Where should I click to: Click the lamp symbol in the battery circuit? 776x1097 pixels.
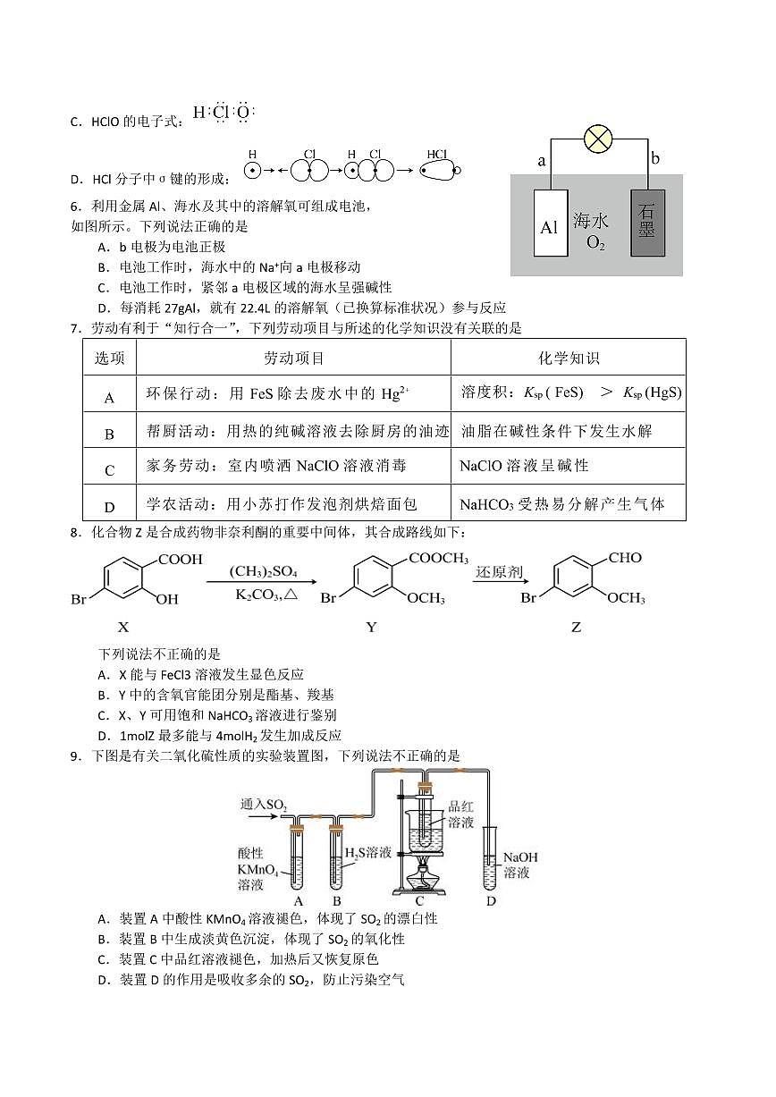[x=596, y=139]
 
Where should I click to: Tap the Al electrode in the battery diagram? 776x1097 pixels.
[x=549, y=224]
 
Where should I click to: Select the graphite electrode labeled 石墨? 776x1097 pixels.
[x=647, y=223]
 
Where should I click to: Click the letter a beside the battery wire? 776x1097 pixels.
[x=541, y=161]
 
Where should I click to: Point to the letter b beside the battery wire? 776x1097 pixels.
[x=655, y=158]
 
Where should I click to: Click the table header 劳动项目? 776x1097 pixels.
[x=294, y=359]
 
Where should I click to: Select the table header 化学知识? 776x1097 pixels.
[x=569, y=359]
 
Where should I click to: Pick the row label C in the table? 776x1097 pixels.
[x=110, y=470]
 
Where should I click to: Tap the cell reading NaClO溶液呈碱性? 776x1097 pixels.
[x=524, y=466]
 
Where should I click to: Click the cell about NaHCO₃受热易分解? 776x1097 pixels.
[x=562, y=504]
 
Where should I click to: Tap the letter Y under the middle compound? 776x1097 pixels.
[x=371, y=628]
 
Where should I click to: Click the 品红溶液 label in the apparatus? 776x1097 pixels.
[x=460, y=814]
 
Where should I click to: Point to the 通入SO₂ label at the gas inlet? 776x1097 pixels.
[x=263, y=805]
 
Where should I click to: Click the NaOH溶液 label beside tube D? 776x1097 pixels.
[x=520, y=864]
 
